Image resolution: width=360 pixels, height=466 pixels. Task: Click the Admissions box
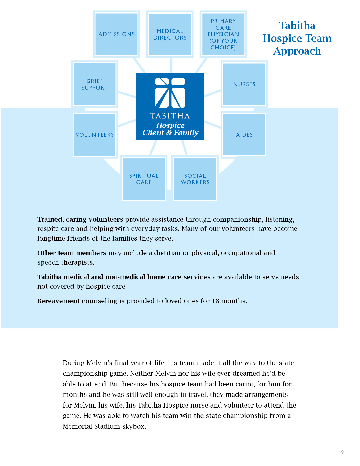click(x=116, y=34)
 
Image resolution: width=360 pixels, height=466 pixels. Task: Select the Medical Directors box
click(x=170, y=34)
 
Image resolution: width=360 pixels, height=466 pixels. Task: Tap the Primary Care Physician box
click(x=223, y=34)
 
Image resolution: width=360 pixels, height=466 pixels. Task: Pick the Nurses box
click(x=244, y=84)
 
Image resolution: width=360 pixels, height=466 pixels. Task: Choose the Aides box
click(x=244, y=135)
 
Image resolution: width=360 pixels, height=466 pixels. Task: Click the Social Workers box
click(x=195, y=179)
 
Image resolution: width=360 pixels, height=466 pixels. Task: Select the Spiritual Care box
click(x=144, y=179)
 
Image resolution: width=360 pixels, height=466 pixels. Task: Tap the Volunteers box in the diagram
click(x=95, y=135)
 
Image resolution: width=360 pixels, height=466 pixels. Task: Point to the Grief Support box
click(x=95, y=84)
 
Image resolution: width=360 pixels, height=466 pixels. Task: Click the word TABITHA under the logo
click(x=170, y=116)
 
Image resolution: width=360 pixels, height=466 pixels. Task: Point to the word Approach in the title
click(x=297, y=51)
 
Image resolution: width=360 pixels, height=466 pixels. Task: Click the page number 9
click(x=342, y=452)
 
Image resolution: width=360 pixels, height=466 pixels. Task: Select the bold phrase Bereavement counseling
click(x=77, y=301)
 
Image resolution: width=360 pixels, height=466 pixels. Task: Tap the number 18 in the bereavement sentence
click(x=215, y=301)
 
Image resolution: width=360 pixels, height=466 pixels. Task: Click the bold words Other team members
click(x=72, y=253)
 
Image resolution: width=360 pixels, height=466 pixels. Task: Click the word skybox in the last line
click(x=134, y=426)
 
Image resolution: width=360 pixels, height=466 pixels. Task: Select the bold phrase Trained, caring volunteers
click(x=80, y=219)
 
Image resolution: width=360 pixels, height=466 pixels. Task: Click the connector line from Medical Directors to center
click(x=171, y=65)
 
